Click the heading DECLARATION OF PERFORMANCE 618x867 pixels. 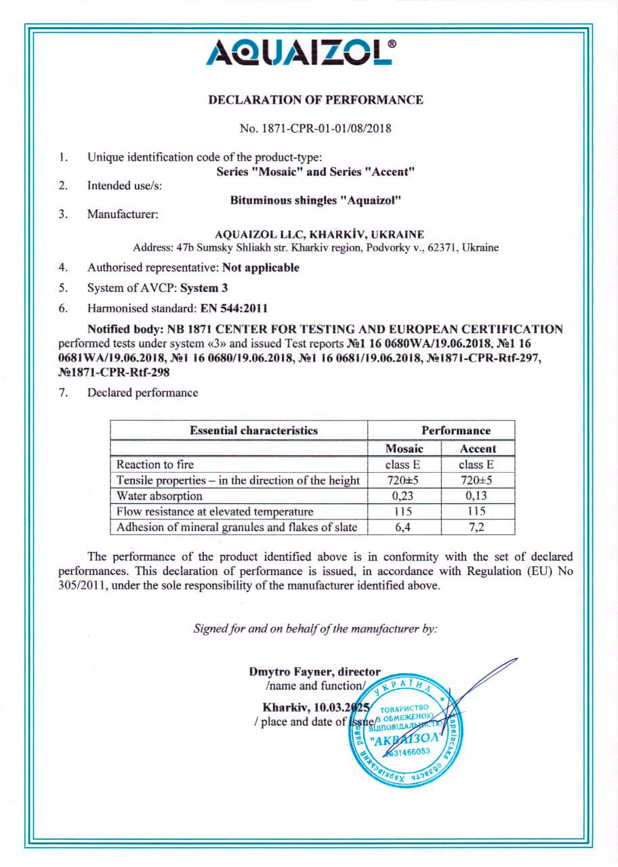click(316, 100)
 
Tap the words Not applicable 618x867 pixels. click(261, 268)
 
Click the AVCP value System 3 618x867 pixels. click(204, 288)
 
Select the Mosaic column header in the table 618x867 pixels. click(404, 448)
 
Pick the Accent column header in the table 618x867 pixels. click(478, 448)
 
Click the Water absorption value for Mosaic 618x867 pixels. click(404, 496)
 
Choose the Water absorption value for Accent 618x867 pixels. click(478, 496)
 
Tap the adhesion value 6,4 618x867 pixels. click(404, 527)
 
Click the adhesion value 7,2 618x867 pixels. click(478, 527)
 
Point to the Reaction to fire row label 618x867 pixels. click(155, 465)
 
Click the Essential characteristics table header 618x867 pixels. click(253, 430)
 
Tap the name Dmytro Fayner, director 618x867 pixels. click(314, 673)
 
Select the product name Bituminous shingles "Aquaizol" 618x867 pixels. click(316, 200)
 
